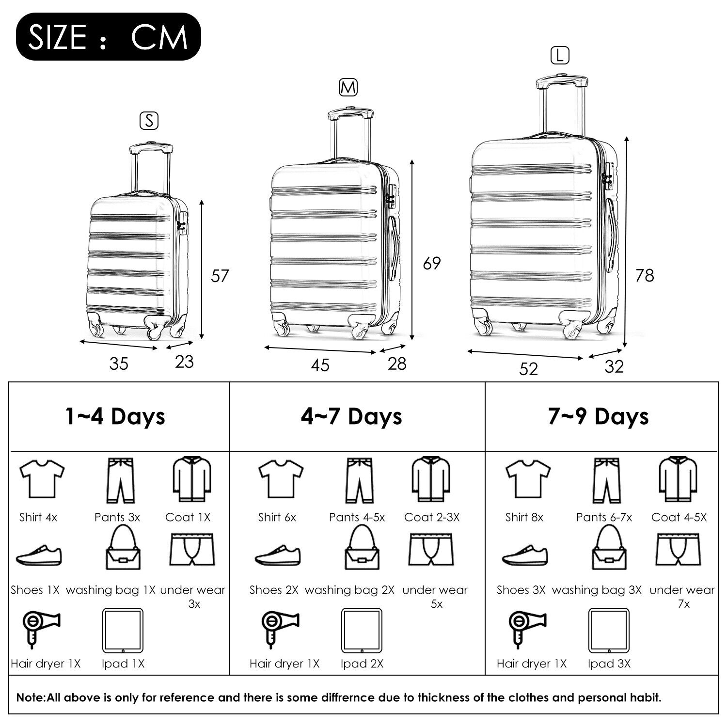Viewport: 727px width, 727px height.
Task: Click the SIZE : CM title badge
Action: point(108,36)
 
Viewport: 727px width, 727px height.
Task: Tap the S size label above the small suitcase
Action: point(149,121)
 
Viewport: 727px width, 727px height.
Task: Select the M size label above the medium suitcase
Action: point(348,87)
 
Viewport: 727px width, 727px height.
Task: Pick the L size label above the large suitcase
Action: point(560,56)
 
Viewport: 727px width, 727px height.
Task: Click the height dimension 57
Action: point(220,276)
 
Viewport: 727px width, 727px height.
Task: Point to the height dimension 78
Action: point(645,275)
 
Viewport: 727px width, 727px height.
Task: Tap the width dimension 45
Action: point(320,365)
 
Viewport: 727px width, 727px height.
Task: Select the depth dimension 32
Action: point(614,366)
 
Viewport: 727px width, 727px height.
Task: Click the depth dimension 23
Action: point(184,362)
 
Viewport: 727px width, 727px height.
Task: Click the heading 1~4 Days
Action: point(115,416)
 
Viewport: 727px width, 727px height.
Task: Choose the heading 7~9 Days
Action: point(599,416)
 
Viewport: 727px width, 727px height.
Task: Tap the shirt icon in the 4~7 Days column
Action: point(281,479)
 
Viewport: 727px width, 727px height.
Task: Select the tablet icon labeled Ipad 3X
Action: point(609,631)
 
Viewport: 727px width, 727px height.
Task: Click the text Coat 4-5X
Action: point(679,517)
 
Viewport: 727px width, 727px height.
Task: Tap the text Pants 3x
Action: point(117,517)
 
